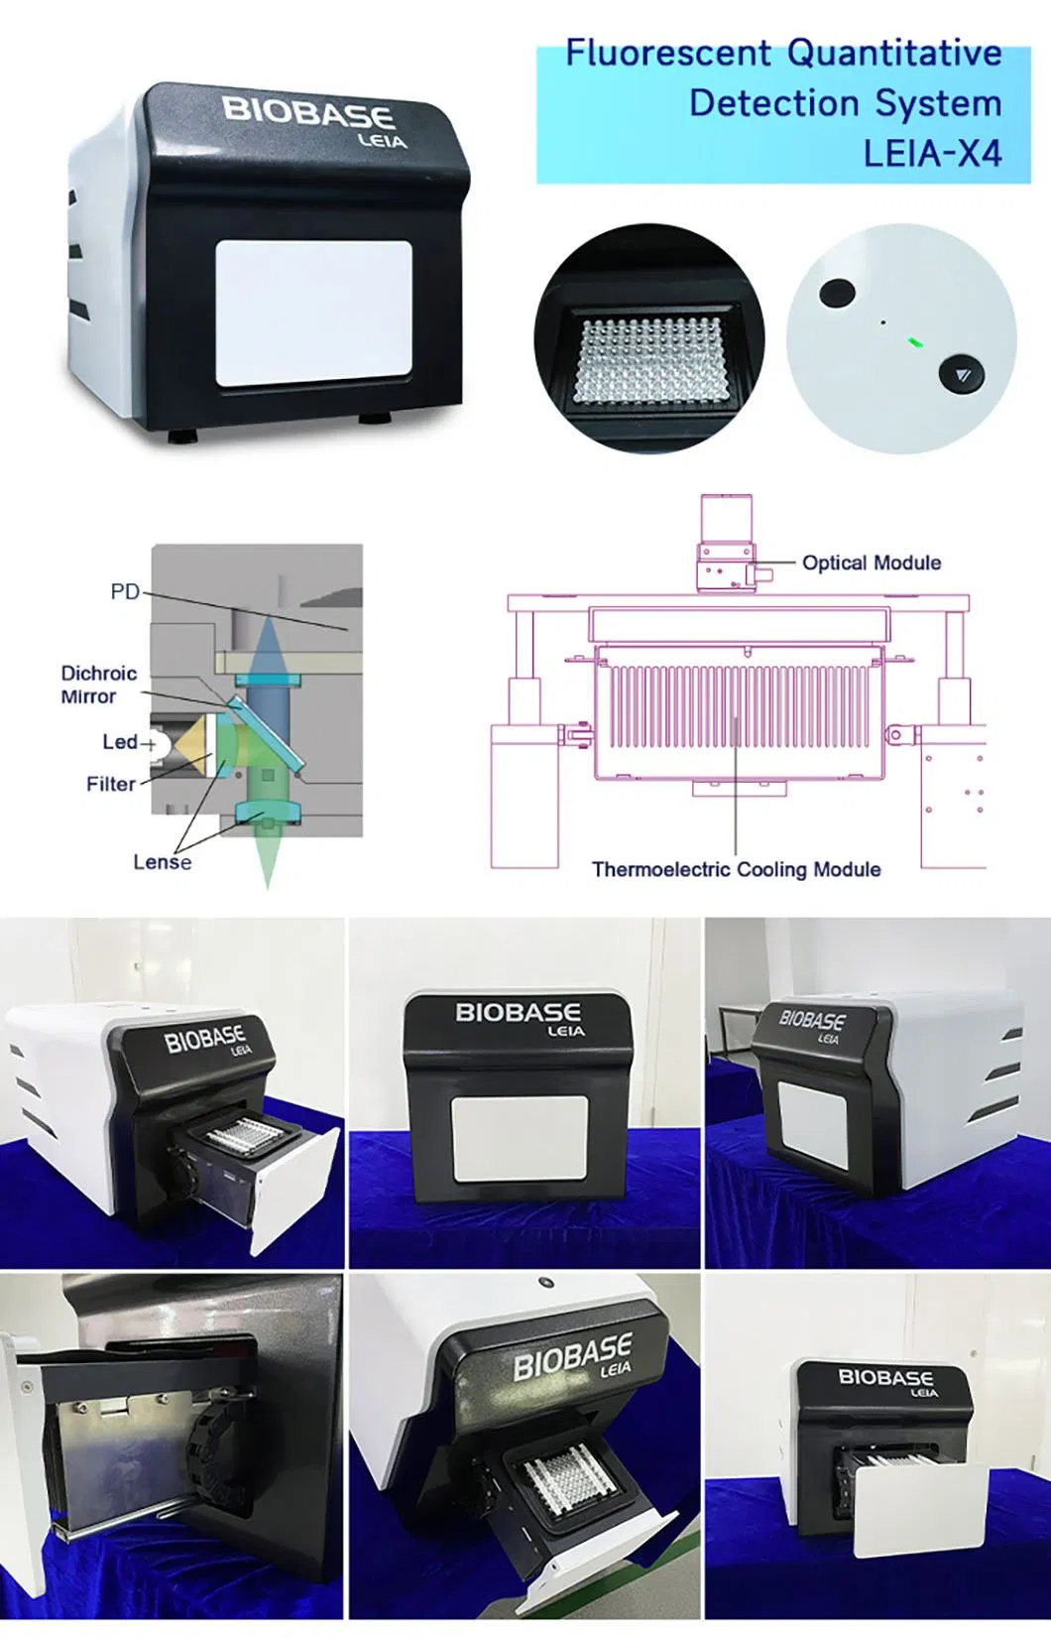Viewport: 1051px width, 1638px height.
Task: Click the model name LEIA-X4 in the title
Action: click(932, 154)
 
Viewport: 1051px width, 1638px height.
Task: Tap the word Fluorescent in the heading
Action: click(667, 53)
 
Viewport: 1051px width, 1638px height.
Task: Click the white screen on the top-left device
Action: click(314, 314)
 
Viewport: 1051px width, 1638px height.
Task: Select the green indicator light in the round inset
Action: click(915, 343)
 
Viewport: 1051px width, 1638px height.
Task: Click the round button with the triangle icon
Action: click(962, 375)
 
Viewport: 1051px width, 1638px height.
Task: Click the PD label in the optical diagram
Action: click(125, 591)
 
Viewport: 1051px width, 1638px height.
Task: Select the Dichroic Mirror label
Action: click(97, 685)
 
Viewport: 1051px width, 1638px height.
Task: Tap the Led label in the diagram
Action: click(120, 742)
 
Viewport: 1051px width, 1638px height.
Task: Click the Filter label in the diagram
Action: click(110, 784)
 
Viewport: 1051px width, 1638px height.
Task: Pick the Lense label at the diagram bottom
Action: click(163, 862)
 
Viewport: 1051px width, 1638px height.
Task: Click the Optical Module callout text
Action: click(871, 563)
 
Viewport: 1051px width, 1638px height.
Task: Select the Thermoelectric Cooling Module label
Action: click(736, 869)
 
